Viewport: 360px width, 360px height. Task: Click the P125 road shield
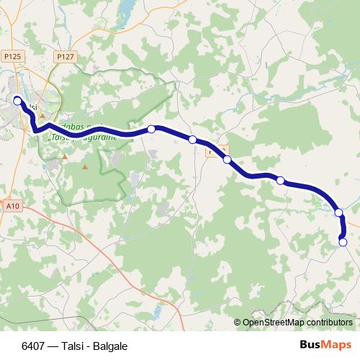(11, 55)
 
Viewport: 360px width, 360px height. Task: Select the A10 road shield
(11, 206)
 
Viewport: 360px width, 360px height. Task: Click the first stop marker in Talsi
(17, 101)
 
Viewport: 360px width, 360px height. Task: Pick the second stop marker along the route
(151, 129)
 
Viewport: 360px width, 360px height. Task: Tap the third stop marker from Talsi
(192, 139)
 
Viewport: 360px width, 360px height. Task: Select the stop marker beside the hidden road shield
(227, 159)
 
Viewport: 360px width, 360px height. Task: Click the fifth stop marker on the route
(281, 180)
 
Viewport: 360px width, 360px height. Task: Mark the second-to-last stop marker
(338, 212)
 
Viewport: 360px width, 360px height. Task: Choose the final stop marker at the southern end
(343, 242)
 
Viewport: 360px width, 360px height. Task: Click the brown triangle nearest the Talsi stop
(42, 115)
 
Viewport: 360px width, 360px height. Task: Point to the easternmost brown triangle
(85, 167)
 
